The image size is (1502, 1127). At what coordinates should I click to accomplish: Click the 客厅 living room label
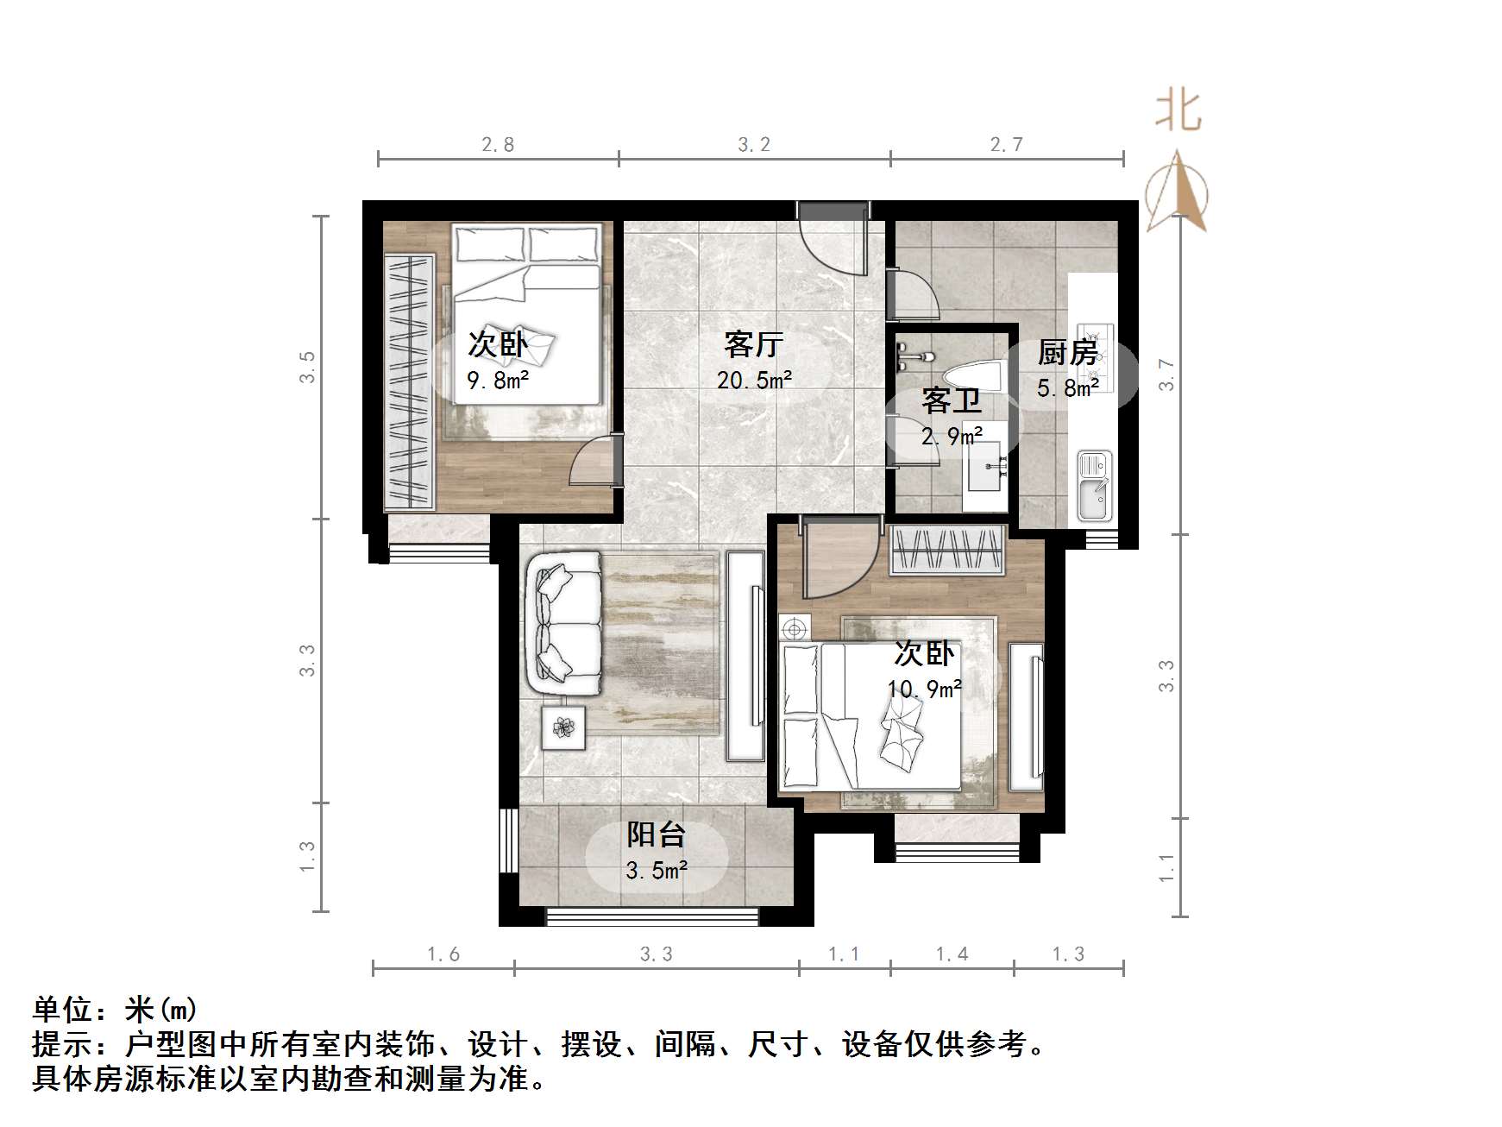point(753,345)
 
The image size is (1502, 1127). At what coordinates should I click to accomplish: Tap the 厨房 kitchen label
point(1067,352)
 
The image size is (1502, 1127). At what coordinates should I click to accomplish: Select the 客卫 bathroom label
point(951,400)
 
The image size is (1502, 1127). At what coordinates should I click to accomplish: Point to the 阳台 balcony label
point(656,834)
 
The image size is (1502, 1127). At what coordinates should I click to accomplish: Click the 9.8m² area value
point(498,380)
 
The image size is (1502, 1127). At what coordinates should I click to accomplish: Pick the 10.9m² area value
point(925,689)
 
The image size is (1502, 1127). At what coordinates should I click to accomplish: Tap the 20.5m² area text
point(754,380)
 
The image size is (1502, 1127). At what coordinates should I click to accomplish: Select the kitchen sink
point(1093,488)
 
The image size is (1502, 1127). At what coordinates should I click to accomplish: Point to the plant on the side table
point(563,727)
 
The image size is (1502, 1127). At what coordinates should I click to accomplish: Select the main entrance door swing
point(833,242)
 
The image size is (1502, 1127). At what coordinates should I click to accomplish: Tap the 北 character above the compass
point(1178,111)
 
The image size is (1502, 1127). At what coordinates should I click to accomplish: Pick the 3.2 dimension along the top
point(753,145)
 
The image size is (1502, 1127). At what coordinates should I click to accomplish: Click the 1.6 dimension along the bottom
point(443,954)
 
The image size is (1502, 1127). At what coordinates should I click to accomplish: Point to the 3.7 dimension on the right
point(1166,375)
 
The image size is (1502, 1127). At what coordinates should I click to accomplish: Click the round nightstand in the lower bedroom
point(794,628)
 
